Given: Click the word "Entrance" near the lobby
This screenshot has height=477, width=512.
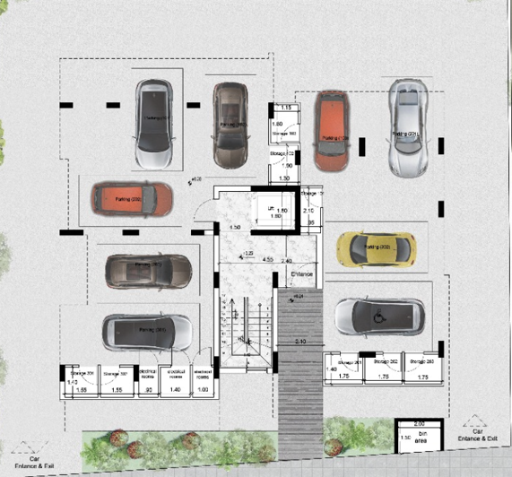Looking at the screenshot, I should pos(299,272).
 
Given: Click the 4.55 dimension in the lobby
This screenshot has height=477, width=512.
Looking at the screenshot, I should pos(268,259).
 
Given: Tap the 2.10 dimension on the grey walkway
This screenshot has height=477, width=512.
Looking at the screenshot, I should pos(299,343).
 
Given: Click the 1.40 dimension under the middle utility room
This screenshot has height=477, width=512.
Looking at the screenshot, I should pos(177,391).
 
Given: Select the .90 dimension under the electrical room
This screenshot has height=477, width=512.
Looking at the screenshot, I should pos(148,391).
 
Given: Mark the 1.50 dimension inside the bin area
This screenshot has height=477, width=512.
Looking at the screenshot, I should pos(405,437).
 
